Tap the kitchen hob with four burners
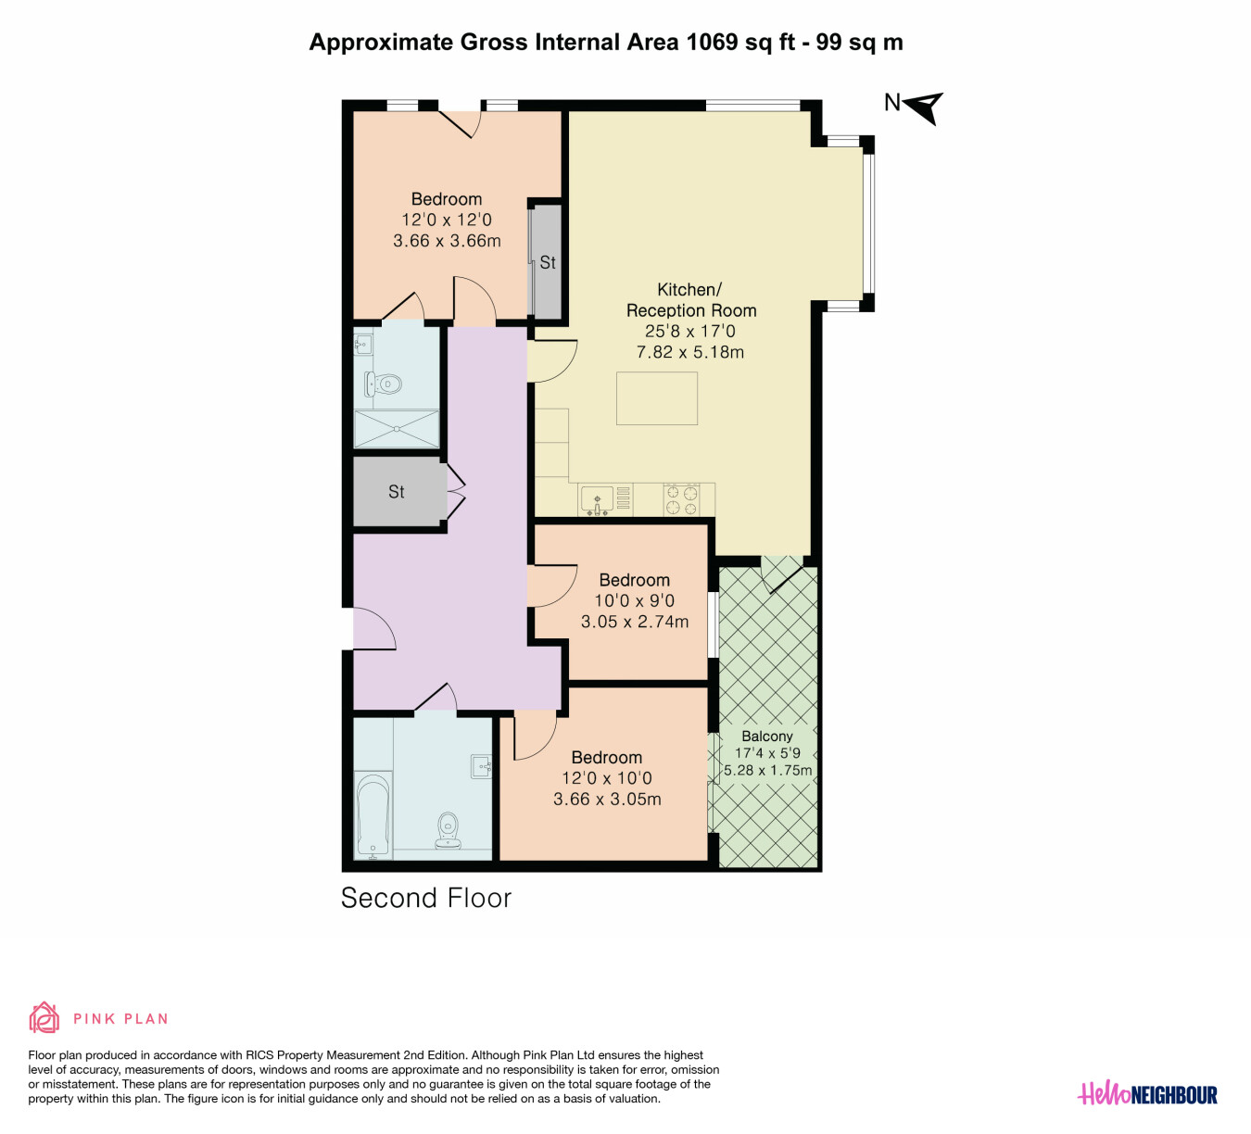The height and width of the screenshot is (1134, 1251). point(681,499)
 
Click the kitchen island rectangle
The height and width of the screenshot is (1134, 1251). point(657,398)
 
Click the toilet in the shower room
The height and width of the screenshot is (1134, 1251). point(383,384)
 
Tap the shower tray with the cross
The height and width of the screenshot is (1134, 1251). point(397,429)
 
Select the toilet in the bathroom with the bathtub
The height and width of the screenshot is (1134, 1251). point(448,829)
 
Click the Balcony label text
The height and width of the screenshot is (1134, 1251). point(767,736)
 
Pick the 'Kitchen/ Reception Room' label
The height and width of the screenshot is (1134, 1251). point(691,300)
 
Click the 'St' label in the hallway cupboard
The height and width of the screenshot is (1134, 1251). point(396,492)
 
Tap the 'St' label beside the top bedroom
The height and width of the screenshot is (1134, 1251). point(548,262)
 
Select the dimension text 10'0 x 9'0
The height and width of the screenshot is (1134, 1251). point(634,600)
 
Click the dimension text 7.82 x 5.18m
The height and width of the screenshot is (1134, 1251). point(689,352)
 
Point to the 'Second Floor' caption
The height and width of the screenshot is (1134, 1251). point(426,899)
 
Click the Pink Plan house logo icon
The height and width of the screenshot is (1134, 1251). point(44,1017)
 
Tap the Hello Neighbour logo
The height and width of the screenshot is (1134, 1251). point(1147,1095)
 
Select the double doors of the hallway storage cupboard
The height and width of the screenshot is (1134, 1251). point(455,493)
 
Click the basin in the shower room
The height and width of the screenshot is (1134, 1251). point(363,344)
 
